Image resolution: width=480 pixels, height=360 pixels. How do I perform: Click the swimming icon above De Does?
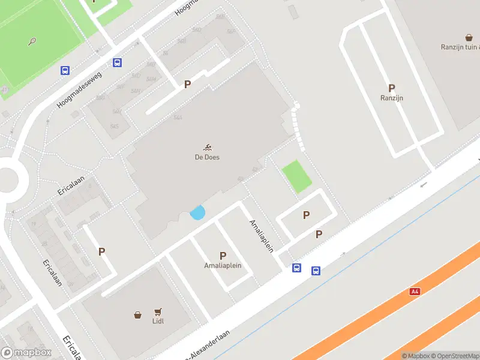point(207,148)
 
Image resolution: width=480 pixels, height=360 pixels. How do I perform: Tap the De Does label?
point(207,157)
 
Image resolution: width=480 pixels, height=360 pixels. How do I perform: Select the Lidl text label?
point(158,321)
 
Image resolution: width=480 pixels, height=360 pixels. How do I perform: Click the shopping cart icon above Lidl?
point(158,311)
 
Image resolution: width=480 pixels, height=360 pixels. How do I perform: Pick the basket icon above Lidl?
point(138,314)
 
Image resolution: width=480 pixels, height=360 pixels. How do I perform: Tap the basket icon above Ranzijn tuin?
point(469,37)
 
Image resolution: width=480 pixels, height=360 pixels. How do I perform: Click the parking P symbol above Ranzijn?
point(391,88)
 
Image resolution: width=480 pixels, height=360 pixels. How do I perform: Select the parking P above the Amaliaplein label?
point(223,256)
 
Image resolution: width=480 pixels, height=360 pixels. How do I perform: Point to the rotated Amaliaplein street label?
point(262,235)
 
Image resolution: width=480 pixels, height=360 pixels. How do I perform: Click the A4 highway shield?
point(414,291)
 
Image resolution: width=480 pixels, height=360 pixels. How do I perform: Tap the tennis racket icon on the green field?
point(32,41)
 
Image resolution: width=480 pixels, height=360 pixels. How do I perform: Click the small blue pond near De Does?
point(197,212)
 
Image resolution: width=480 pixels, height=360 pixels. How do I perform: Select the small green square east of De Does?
point(297,176)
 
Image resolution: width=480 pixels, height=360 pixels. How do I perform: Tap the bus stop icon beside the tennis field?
point(65,70)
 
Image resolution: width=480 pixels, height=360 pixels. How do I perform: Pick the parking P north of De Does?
point(187,85)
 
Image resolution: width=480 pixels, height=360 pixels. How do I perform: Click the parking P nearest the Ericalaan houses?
point(101,251)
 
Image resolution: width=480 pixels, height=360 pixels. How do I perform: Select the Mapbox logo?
point(26,352)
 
